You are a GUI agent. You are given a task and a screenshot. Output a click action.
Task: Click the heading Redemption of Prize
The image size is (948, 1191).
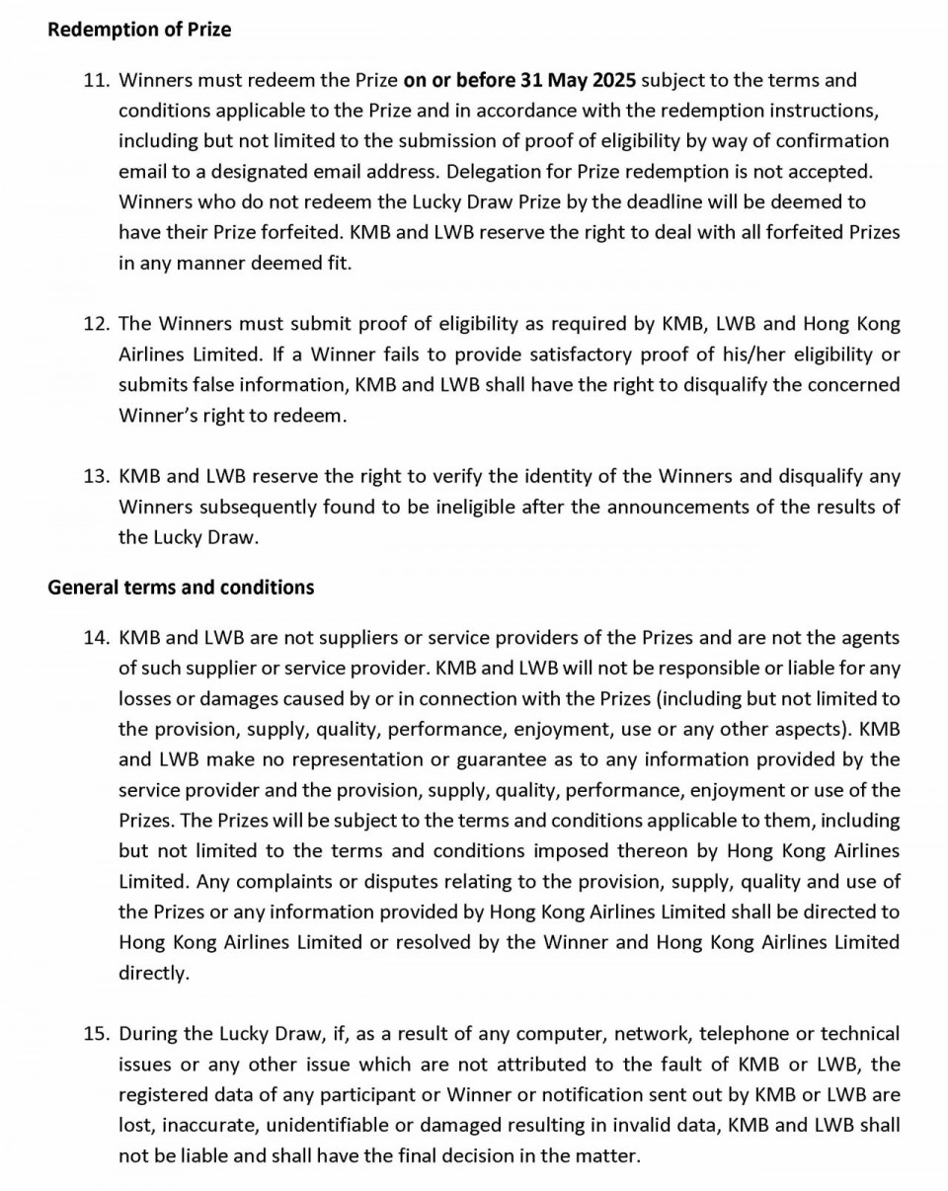pyautogui.click(x=139, y=30)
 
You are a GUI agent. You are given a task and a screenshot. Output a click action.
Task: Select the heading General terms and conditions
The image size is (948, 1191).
pyautogui.click(x=181, y=588)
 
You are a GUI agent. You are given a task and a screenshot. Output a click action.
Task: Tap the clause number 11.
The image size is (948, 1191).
pyautogui.click(x=96, y=80)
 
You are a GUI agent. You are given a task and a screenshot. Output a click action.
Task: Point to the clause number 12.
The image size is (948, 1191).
pyautogui.click(x=96, y=324)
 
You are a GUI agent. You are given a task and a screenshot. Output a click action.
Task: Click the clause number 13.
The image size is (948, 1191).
pyautogui.click(x=96, y=477)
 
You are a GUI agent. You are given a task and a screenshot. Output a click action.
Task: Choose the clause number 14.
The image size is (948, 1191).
pyautogui.click(x=96, y=638)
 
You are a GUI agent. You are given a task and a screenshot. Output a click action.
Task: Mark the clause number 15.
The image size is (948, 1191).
pyautogui.click(x=96, y=1034)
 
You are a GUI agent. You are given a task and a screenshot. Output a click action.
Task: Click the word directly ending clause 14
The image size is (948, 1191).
pyautogui.click(x=153, y=973)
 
